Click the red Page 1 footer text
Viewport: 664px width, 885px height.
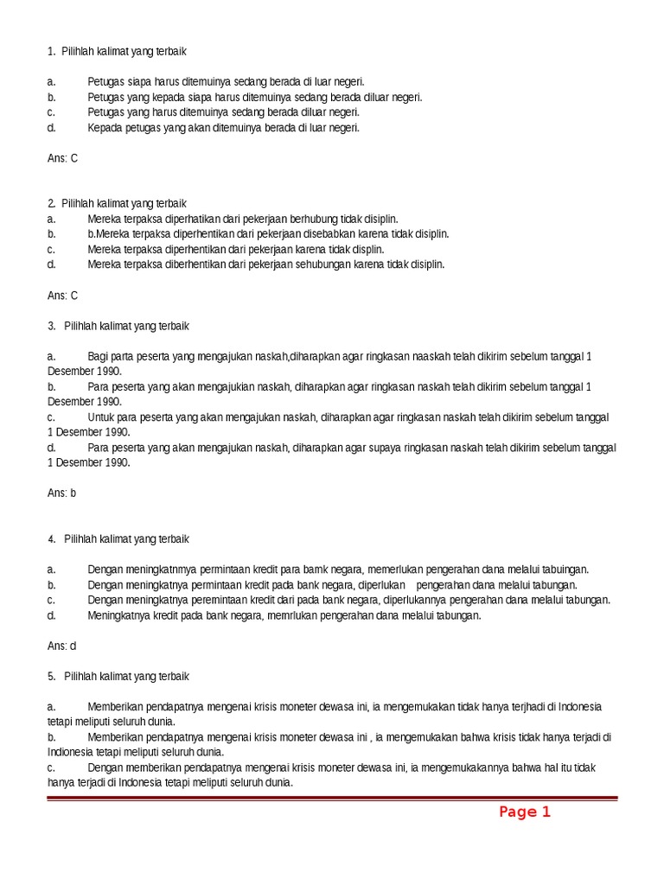pyautogui.click(x=524, y=812)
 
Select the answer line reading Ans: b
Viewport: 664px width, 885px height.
pyautogui.click(x=62, y=493)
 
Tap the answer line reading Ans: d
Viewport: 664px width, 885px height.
pyautogui.click(x=62, y=646)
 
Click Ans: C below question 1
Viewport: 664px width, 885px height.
pyautogui.click(x=62, y=158)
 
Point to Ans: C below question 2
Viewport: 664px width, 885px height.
pyautogui.click(x=62, y=296)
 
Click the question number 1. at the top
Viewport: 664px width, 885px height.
pyautogui.click(x=51, y=52)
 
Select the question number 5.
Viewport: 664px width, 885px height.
pyautogui.click(x=52, y=676)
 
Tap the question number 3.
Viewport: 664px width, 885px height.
pyautogui.click(x=52, y=326)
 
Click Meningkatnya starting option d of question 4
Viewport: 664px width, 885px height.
pyautogui.click(x=117, y=615)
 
